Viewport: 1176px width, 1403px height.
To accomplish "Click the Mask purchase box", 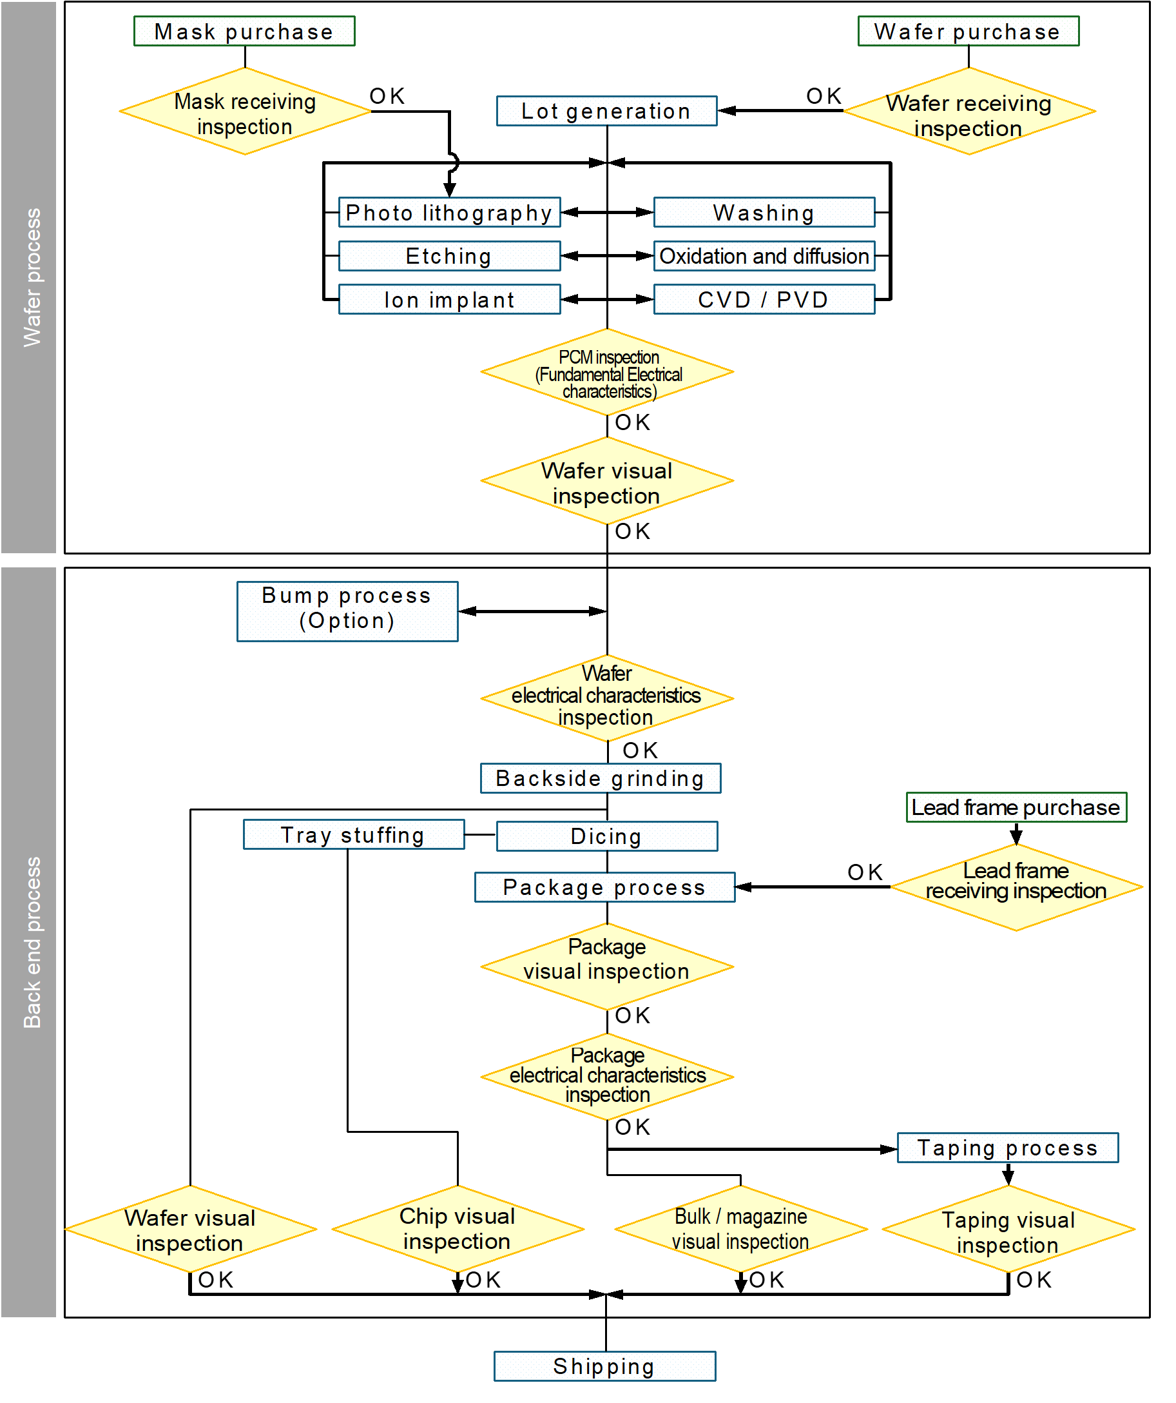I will (244, 32).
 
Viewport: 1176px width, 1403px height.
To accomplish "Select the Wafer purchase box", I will (968, 32).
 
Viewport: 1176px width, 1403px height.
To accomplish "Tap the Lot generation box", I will (606, 111).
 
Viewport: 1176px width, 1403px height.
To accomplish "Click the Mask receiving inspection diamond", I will (244, 112).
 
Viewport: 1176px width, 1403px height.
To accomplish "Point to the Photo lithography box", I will (449, 213).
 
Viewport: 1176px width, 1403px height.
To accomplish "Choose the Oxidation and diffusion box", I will (764, 256).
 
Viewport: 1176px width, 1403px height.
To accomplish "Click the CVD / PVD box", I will (764, 299).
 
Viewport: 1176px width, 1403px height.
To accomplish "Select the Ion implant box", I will (449, 299).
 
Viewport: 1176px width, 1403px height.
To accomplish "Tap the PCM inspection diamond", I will (607, 373).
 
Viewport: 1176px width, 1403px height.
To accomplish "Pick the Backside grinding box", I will (601, 778).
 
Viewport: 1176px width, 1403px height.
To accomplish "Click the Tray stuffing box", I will (353, 834).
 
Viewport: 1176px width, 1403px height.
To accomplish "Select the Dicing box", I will (606, 836).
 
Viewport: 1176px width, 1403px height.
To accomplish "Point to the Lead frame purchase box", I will (1016, 807).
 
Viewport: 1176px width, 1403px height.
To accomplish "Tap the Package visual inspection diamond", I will (607, 966).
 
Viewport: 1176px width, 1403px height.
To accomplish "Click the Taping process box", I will (1007, 1147).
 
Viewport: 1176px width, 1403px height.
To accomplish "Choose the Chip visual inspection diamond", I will (458, 1229).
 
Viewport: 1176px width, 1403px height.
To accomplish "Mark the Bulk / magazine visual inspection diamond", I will (740, 1229).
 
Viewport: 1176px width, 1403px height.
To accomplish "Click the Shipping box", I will (604, 1366).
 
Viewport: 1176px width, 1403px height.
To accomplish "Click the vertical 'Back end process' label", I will (31, 942).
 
